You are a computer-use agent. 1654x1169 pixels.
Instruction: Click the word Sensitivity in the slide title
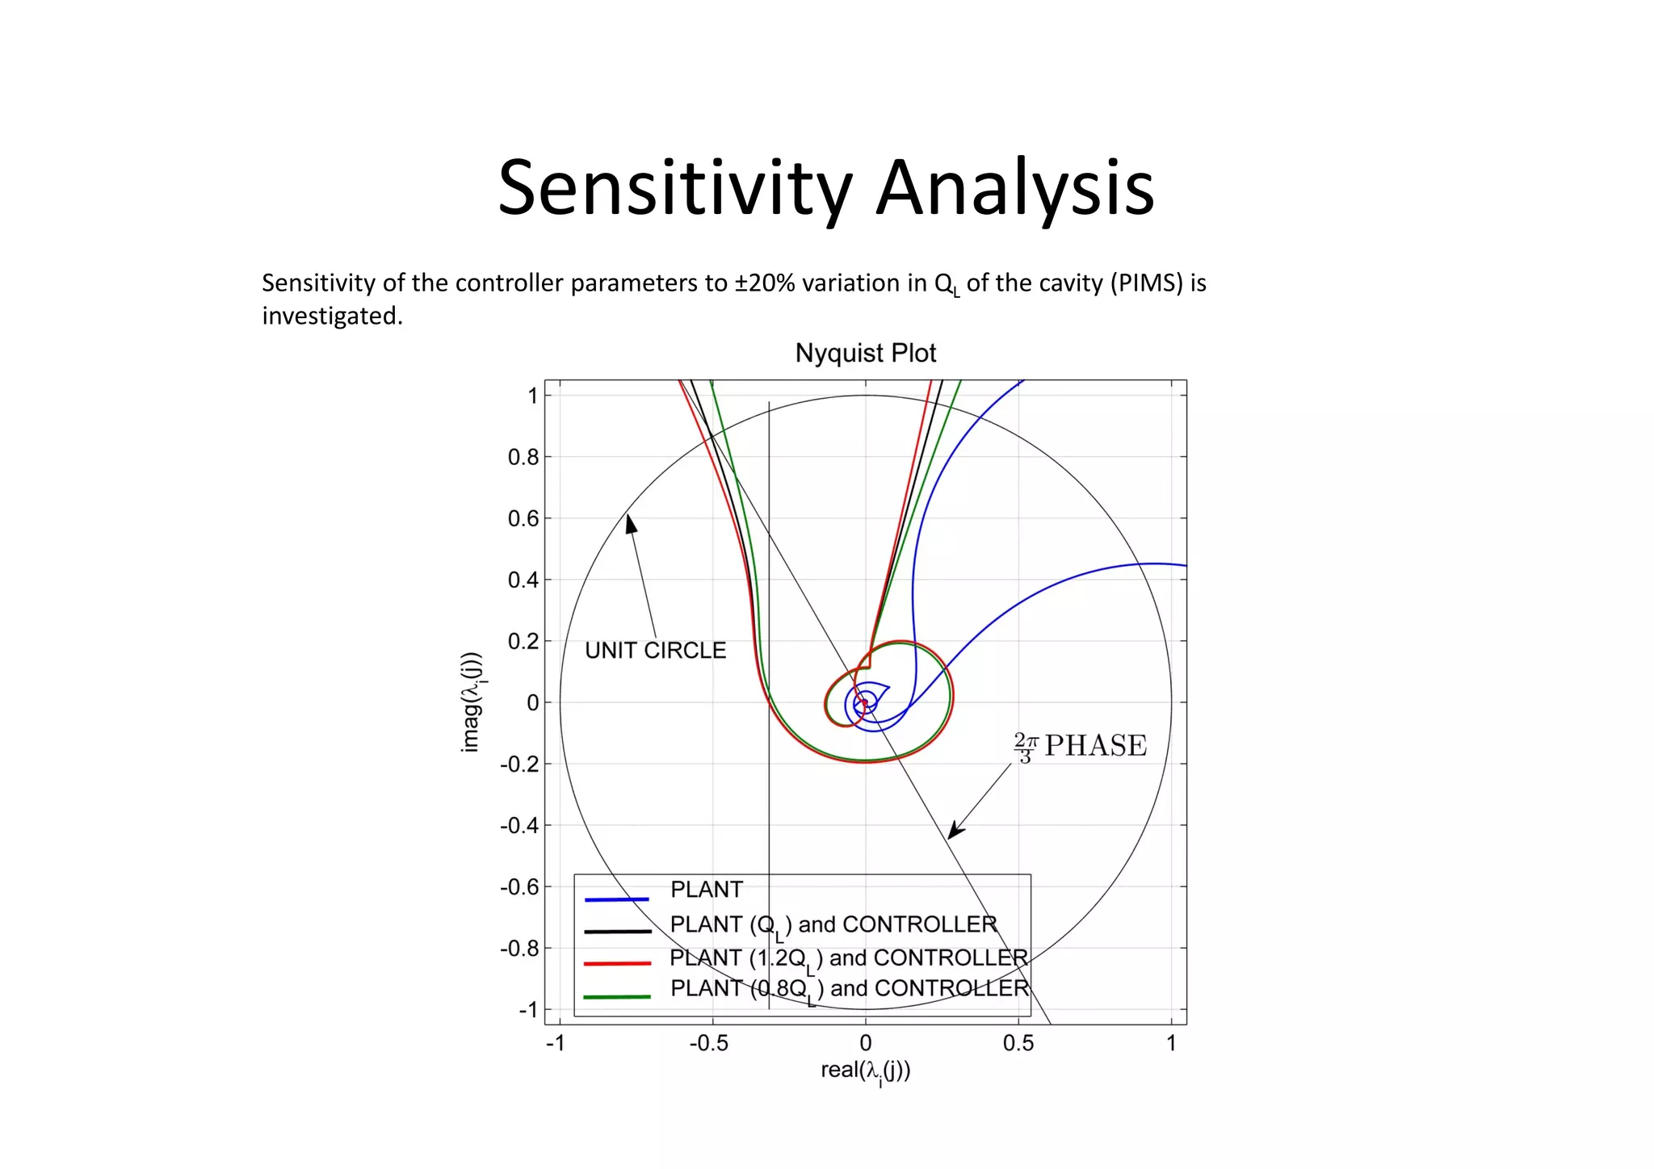point(675,189)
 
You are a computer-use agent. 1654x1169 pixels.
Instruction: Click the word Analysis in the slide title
point(1015,189)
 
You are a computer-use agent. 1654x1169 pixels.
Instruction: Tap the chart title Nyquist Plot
point(865,353)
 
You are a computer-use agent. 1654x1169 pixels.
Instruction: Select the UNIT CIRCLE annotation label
point(655,651)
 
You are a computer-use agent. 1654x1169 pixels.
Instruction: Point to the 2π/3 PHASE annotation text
point(1080,746)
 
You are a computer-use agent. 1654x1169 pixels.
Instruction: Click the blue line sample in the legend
point(616,899)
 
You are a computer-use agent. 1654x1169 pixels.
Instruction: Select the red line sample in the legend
point(616,963)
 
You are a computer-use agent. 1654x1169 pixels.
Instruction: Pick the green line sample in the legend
point(616,997)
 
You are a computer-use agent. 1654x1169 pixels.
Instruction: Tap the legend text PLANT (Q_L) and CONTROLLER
point(833,925)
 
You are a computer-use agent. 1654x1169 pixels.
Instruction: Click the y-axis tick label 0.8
point(523,458)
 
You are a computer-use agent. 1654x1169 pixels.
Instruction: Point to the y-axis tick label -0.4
point(518,826)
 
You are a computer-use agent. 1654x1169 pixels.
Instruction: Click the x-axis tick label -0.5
point(708,1044)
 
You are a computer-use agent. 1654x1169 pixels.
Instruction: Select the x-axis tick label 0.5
point(1018,1044)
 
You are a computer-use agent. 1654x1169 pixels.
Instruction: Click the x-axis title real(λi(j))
point(865,1071)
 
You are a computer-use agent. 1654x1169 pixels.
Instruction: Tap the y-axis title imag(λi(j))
point(471,702)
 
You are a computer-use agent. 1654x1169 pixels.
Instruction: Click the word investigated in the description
point(331,316)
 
